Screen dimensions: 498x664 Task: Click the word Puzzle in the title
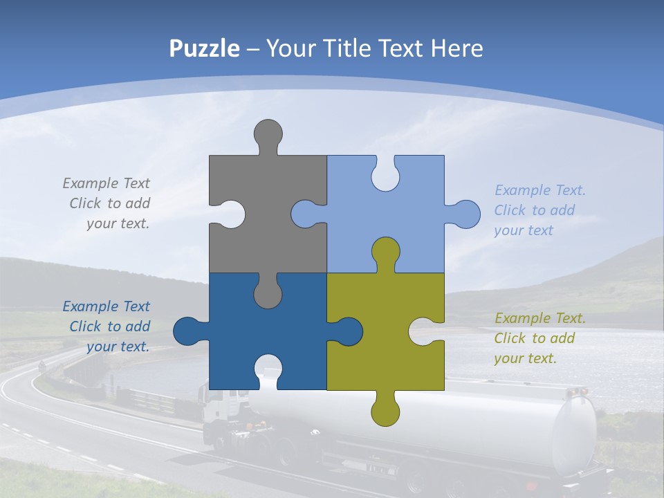point(205,48)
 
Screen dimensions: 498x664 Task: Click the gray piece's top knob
point(268,135)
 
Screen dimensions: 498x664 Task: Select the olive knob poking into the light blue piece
point(385,252)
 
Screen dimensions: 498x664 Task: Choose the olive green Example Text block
point(539,338)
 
